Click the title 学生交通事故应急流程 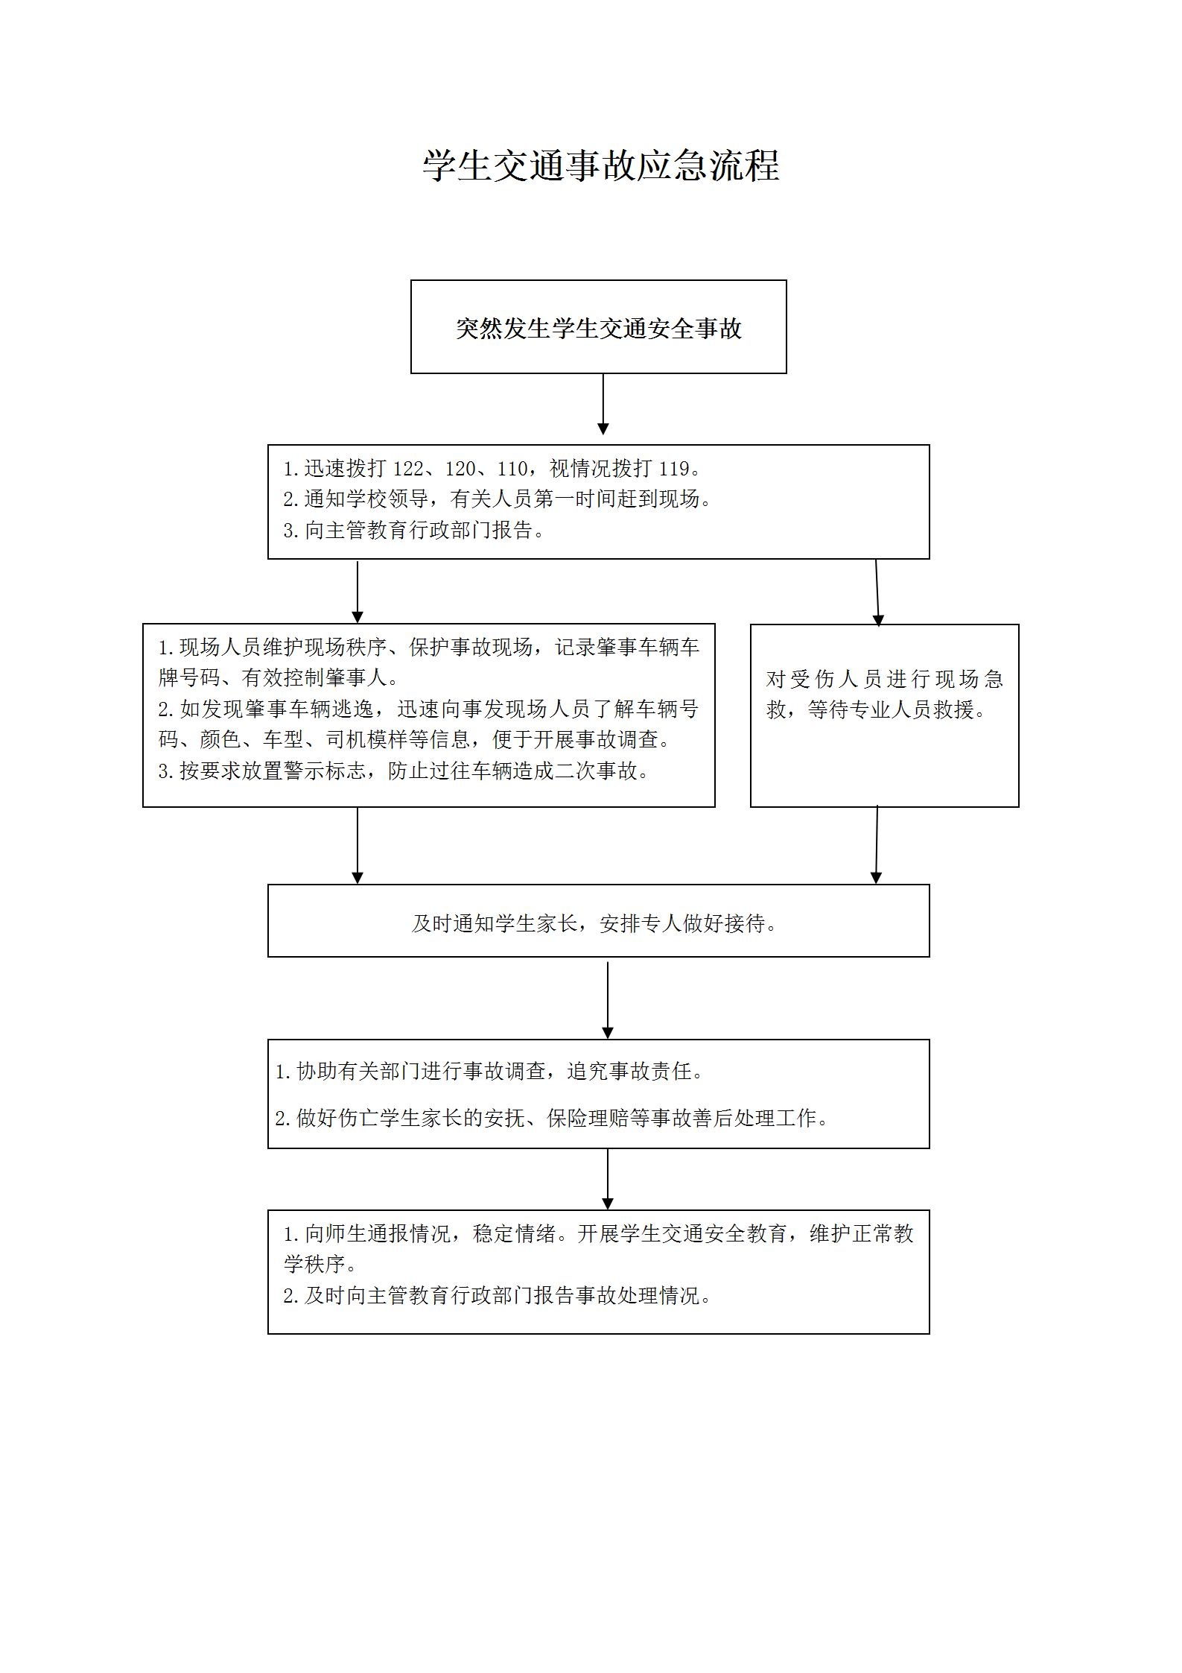click(x=601, y=165)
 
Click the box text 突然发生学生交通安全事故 click(x=599, y=329)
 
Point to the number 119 click(x=674, y=469)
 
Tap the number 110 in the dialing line click(x=512, y=469)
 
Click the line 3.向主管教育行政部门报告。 click(x=414, y=531)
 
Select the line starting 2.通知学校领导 click(x=498, y=499)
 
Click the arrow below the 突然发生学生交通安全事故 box click(x=603, y=404)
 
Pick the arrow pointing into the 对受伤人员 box click(x=877, y=592)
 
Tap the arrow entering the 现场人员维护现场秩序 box click(x=358, y=591)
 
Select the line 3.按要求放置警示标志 click(x=404, y=771)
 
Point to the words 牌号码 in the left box click(x=189, y=678)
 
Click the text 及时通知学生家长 click(x=495, y=924)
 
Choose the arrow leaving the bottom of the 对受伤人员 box click(x=877, y=844)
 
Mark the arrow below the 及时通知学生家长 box click(x=608, y=1000)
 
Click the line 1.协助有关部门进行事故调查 click(x=489, y=1072)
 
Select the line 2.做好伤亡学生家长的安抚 click(x=551, y=1118)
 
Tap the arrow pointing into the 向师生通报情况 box click(x=608, y=1178)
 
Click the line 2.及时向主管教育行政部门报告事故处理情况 click(x=497, y=1295)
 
